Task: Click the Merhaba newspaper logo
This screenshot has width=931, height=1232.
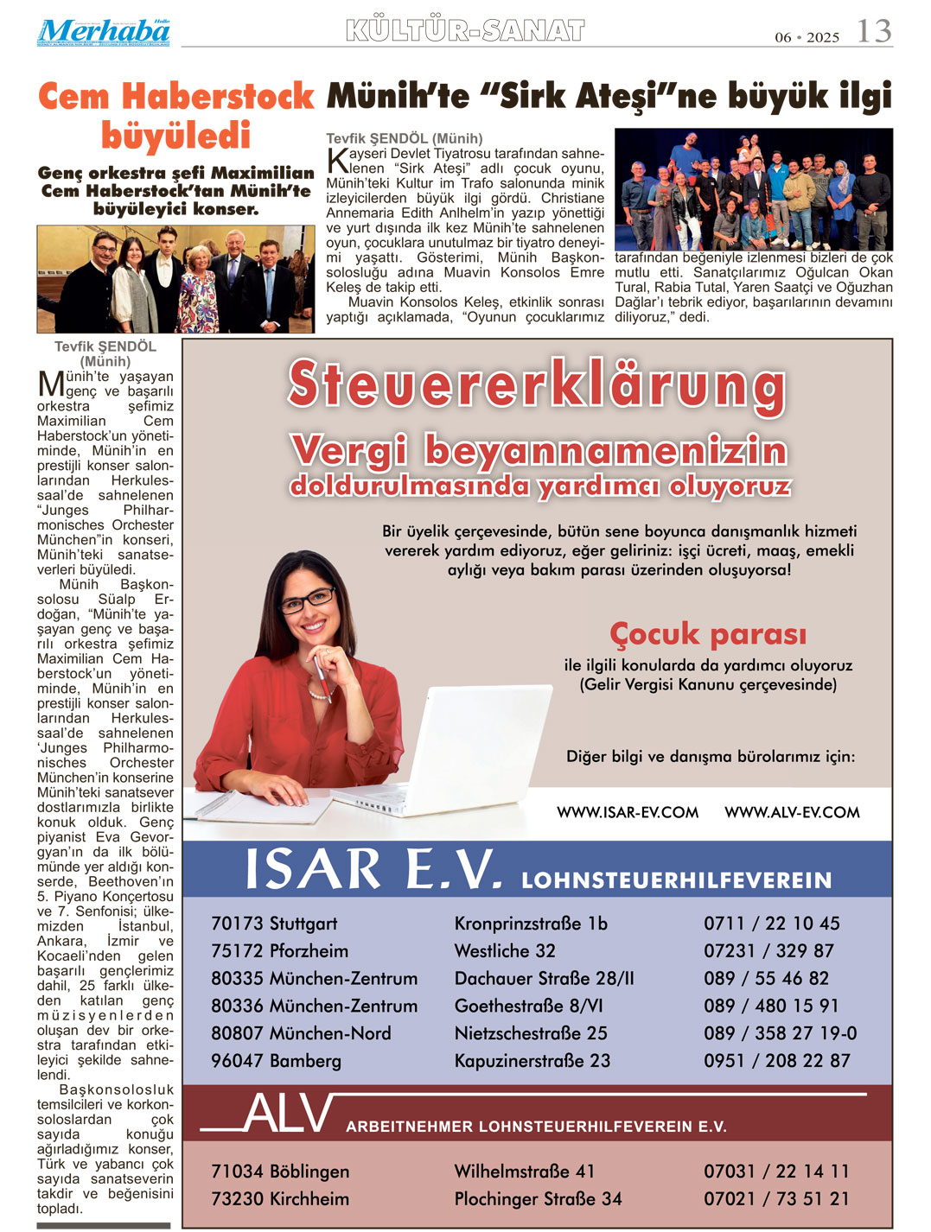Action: coord(103,32)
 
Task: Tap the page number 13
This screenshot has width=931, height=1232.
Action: coord(873,32)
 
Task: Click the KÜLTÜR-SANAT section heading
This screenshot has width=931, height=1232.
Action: coord(465,31)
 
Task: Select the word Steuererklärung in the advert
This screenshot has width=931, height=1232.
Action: coord(537,385)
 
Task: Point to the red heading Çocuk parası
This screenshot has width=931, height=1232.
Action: coord(708,634)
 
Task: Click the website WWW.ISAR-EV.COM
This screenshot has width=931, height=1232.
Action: coord(628,813)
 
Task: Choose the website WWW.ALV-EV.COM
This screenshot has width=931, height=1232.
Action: coord(792,813)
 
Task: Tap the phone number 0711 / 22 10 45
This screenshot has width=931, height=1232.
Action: coord(771,924)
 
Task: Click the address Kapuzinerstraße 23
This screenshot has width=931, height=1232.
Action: coord(532,1061)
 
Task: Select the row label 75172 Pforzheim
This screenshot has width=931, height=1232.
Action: coord(279,951)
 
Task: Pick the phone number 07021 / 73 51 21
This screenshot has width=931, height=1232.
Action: coord(775,1199)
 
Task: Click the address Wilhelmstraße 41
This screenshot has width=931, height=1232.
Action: coord(525,1172)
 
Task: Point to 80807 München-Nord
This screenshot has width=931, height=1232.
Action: coord(301,1033)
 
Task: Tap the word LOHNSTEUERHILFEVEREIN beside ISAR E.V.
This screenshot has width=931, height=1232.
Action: coord(676,880)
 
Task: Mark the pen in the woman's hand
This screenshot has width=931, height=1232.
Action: coord(322,675)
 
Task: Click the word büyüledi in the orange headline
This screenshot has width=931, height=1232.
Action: coord(175,137)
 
